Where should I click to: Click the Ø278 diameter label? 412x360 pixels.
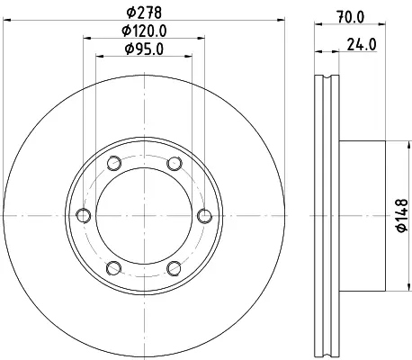click(144, 13)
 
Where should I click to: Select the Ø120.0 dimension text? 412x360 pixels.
click(144, 31)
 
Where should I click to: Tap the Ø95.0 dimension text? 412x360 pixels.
click(144, 49)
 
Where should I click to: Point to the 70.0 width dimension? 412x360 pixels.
click(350, 17)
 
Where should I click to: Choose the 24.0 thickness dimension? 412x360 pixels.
click(362, 45)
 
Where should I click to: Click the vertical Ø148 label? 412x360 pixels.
click(402, 216)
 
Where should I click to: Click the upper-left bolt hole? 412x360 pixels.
click(114, 164)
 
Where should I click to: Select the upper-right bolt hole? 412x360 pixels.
click(175, 164)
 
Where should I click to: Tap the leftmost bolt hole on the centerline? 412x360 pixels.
click(84, 216)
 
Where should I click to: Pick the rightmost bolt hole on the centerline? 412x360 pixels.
click(205, 216)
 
